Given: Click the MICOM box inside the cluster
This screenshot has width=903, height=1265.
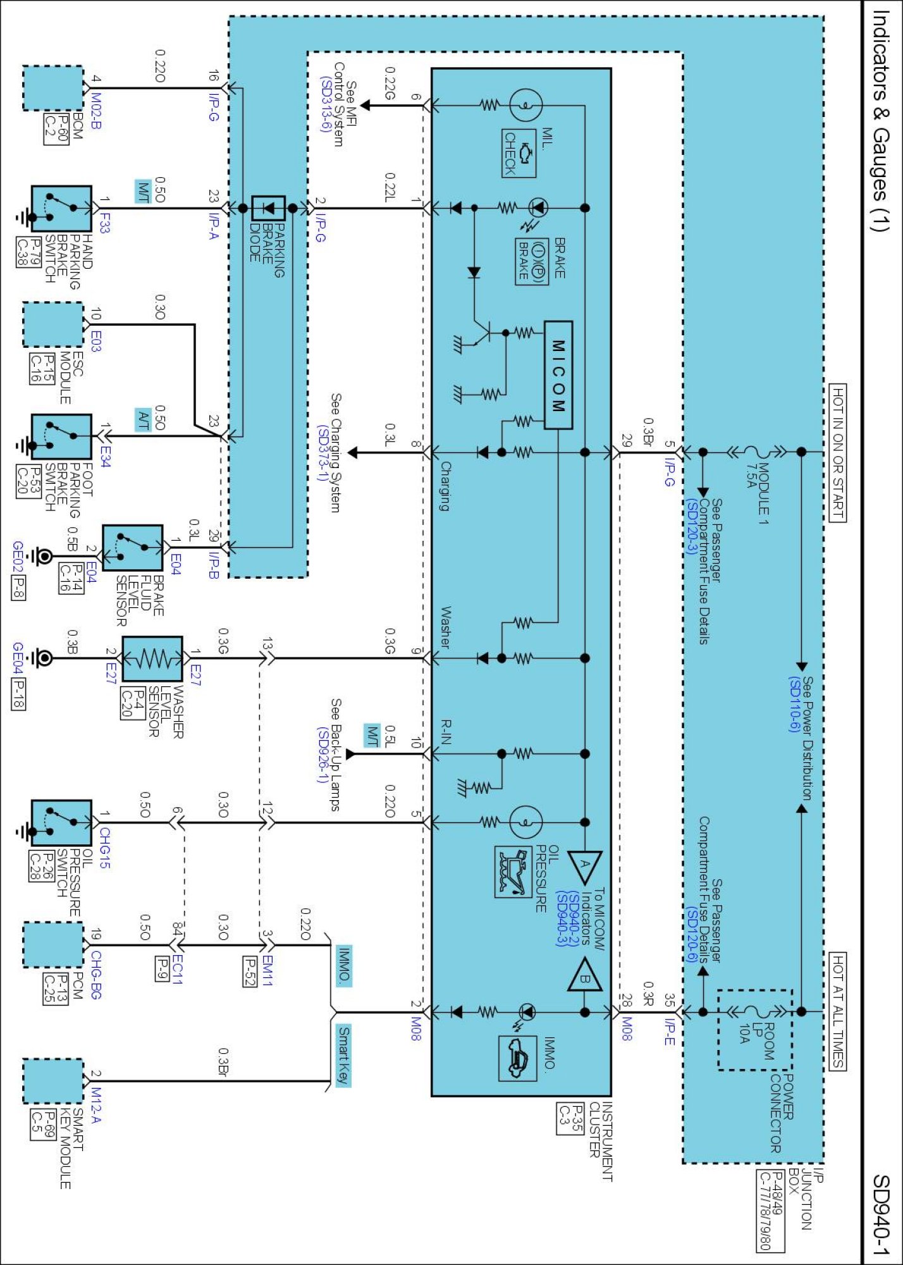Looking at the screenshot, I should point(558,375).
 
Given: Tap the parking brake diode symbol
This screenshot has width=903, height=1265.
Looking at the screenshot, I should point(268,208).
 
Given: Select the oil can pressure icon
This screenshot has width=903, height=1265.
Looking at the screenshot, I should point(513,872).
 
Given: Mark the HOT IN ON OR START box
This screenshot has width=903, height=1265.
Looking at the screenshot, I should point(837,453).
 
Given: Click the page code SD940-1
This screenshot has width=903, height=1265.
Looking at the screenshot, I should point(882,1214).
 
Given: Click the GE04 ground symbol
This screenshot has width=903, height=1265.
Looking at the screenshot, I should point(43,658).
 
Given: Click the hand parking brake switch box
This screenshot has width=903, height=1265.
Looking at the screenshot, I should point(61,209).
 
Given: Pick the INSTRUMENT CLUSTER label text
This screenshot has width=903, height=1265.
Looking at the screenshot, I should point(601,1142).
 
